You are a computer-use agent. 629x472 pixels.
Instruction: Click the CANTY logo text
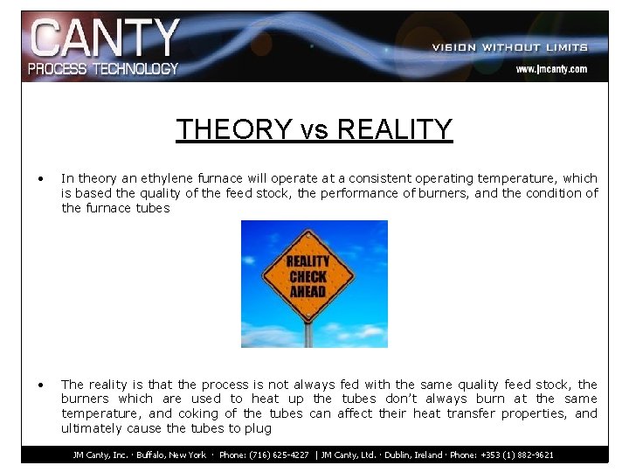104,38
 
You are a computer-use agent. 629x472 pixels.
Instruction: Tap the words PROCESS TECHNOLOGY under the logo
103,68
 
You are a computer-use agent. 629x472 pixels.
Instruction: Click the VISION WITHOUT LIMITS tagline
509,47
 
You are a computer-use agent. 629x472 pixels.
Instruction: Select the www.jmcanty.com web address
550,69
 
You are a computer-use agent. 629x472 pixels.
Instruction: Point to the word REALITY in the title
394,129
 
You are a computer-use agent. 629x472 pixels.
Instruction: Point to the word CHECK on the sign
308,276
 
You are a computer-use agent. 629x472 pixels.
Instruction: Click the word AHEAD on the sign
308,291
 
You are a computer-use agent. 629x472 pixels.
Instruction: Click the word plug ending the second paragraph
259,428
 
